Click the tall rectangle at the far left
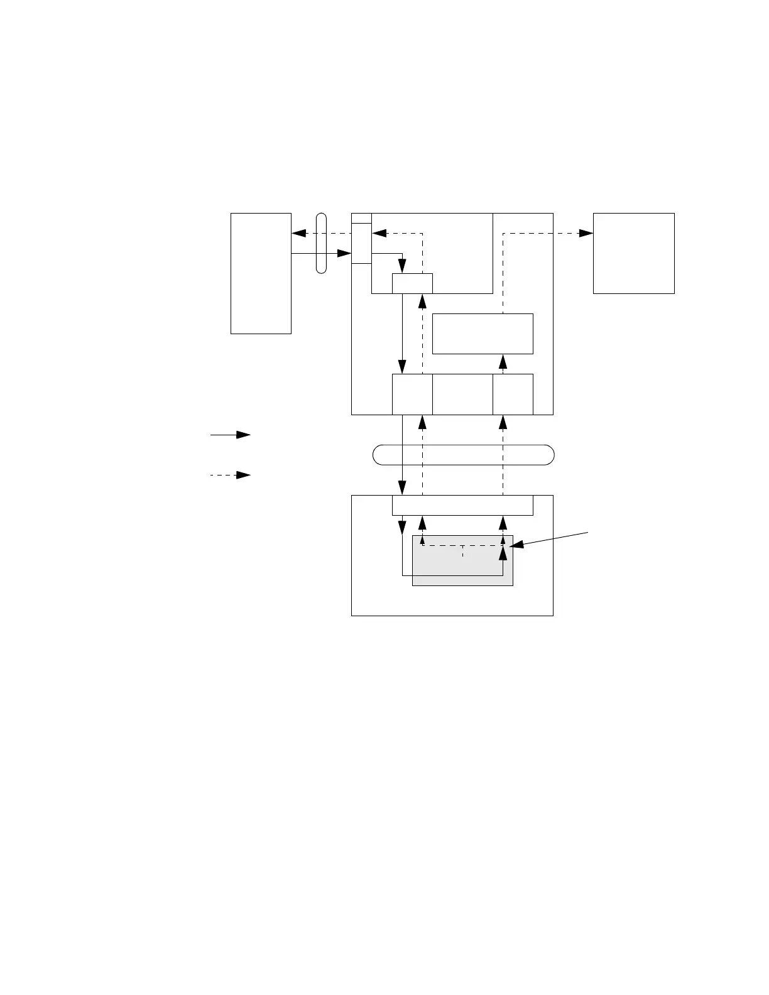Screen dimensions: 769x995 [261, 273]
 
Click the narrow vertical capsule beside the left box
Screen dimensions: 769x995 [321, 243]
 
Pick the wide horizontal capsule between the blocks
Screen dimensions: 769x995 [464, 454]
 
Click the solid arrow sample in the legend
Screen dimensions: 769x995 [231, 435]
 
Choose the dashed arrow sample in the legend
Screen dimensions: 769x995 [231, 475]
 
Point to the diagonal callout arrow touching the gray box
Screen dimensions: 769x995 [550, 540]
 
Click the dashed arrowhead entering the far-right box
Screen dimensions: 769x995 [586, 233]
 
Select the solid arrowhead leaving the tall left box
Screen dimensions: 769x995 [344, 253]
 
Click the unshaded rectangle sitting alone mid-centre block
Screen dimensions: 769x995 [483, 334]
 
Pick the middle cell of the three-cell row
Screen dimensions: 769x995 [462, 394]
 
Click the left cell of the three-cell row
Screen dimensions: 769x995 [412, 394]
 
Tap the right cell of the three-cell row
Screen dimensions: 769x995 [513, 394]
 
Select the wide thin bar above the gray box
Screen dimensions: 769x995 [462, 505]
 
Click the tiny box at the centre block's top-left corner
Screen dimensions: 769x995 [361, 218]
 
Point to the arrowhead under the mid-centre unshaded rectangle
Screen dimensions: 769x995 [503, 361]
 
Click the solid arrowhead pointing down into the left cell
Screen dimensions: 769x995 [402, 367]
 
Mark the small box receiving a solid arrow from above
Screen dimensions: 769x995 [412, 283]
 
